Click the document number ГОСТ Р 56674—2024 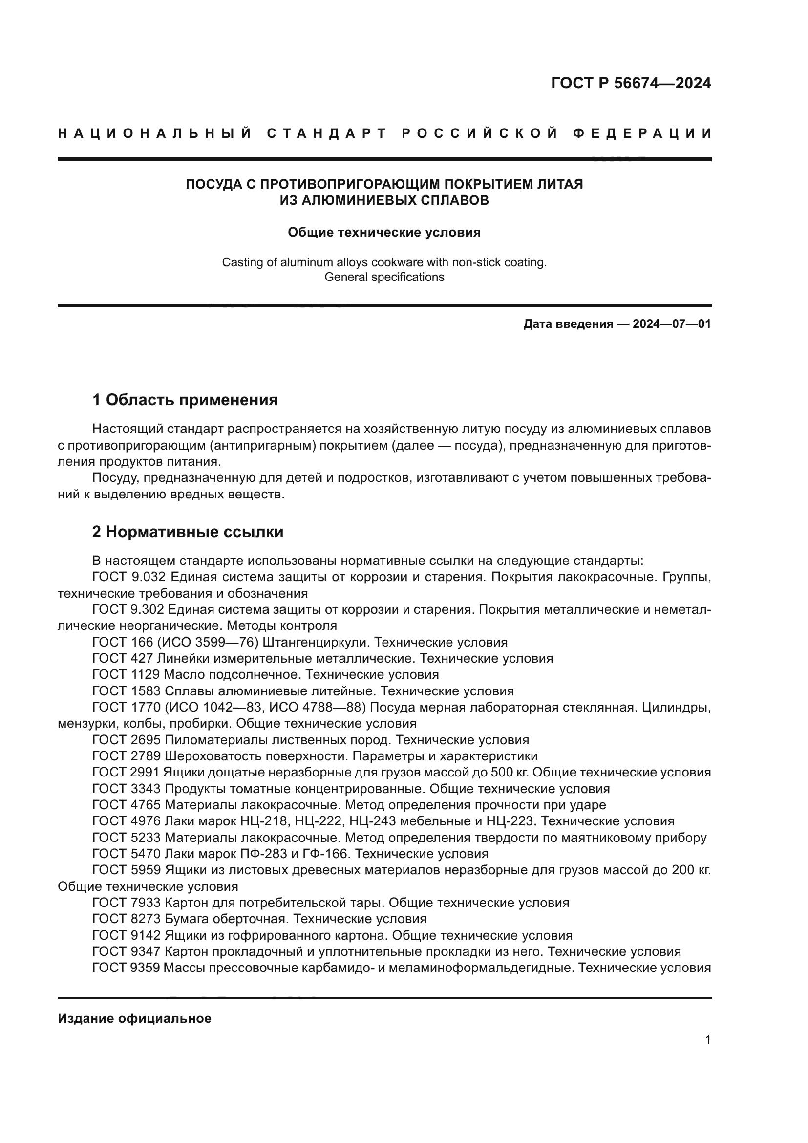[x=631, y=83]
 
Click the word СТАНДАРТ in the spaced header [x=327, y=133]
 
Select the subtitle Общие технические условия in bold [x=384, y=233]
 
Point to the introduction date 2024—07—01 [x=671, y=324]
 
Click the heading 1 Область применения [x=185, y=400]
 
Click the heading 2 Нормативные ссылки [x=188, y=532]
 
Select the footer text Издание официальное [x=134, y=1018]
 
